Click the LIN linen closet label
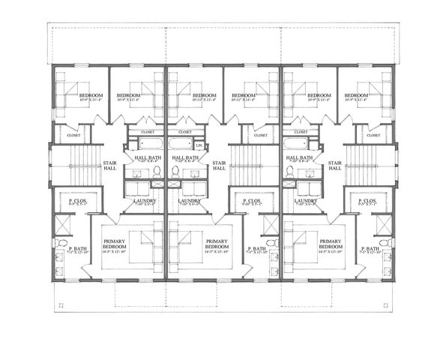(199, 145)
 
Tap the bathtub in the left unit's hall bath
(145, 143)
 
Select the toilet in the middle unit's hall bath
(175, 171)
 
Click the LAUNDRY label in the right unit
(306, 201)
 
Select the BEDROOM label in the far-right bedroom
(356, 96)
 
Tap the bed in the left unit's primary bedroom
(142, 241)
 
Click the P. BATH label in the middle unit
(256, 248)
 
